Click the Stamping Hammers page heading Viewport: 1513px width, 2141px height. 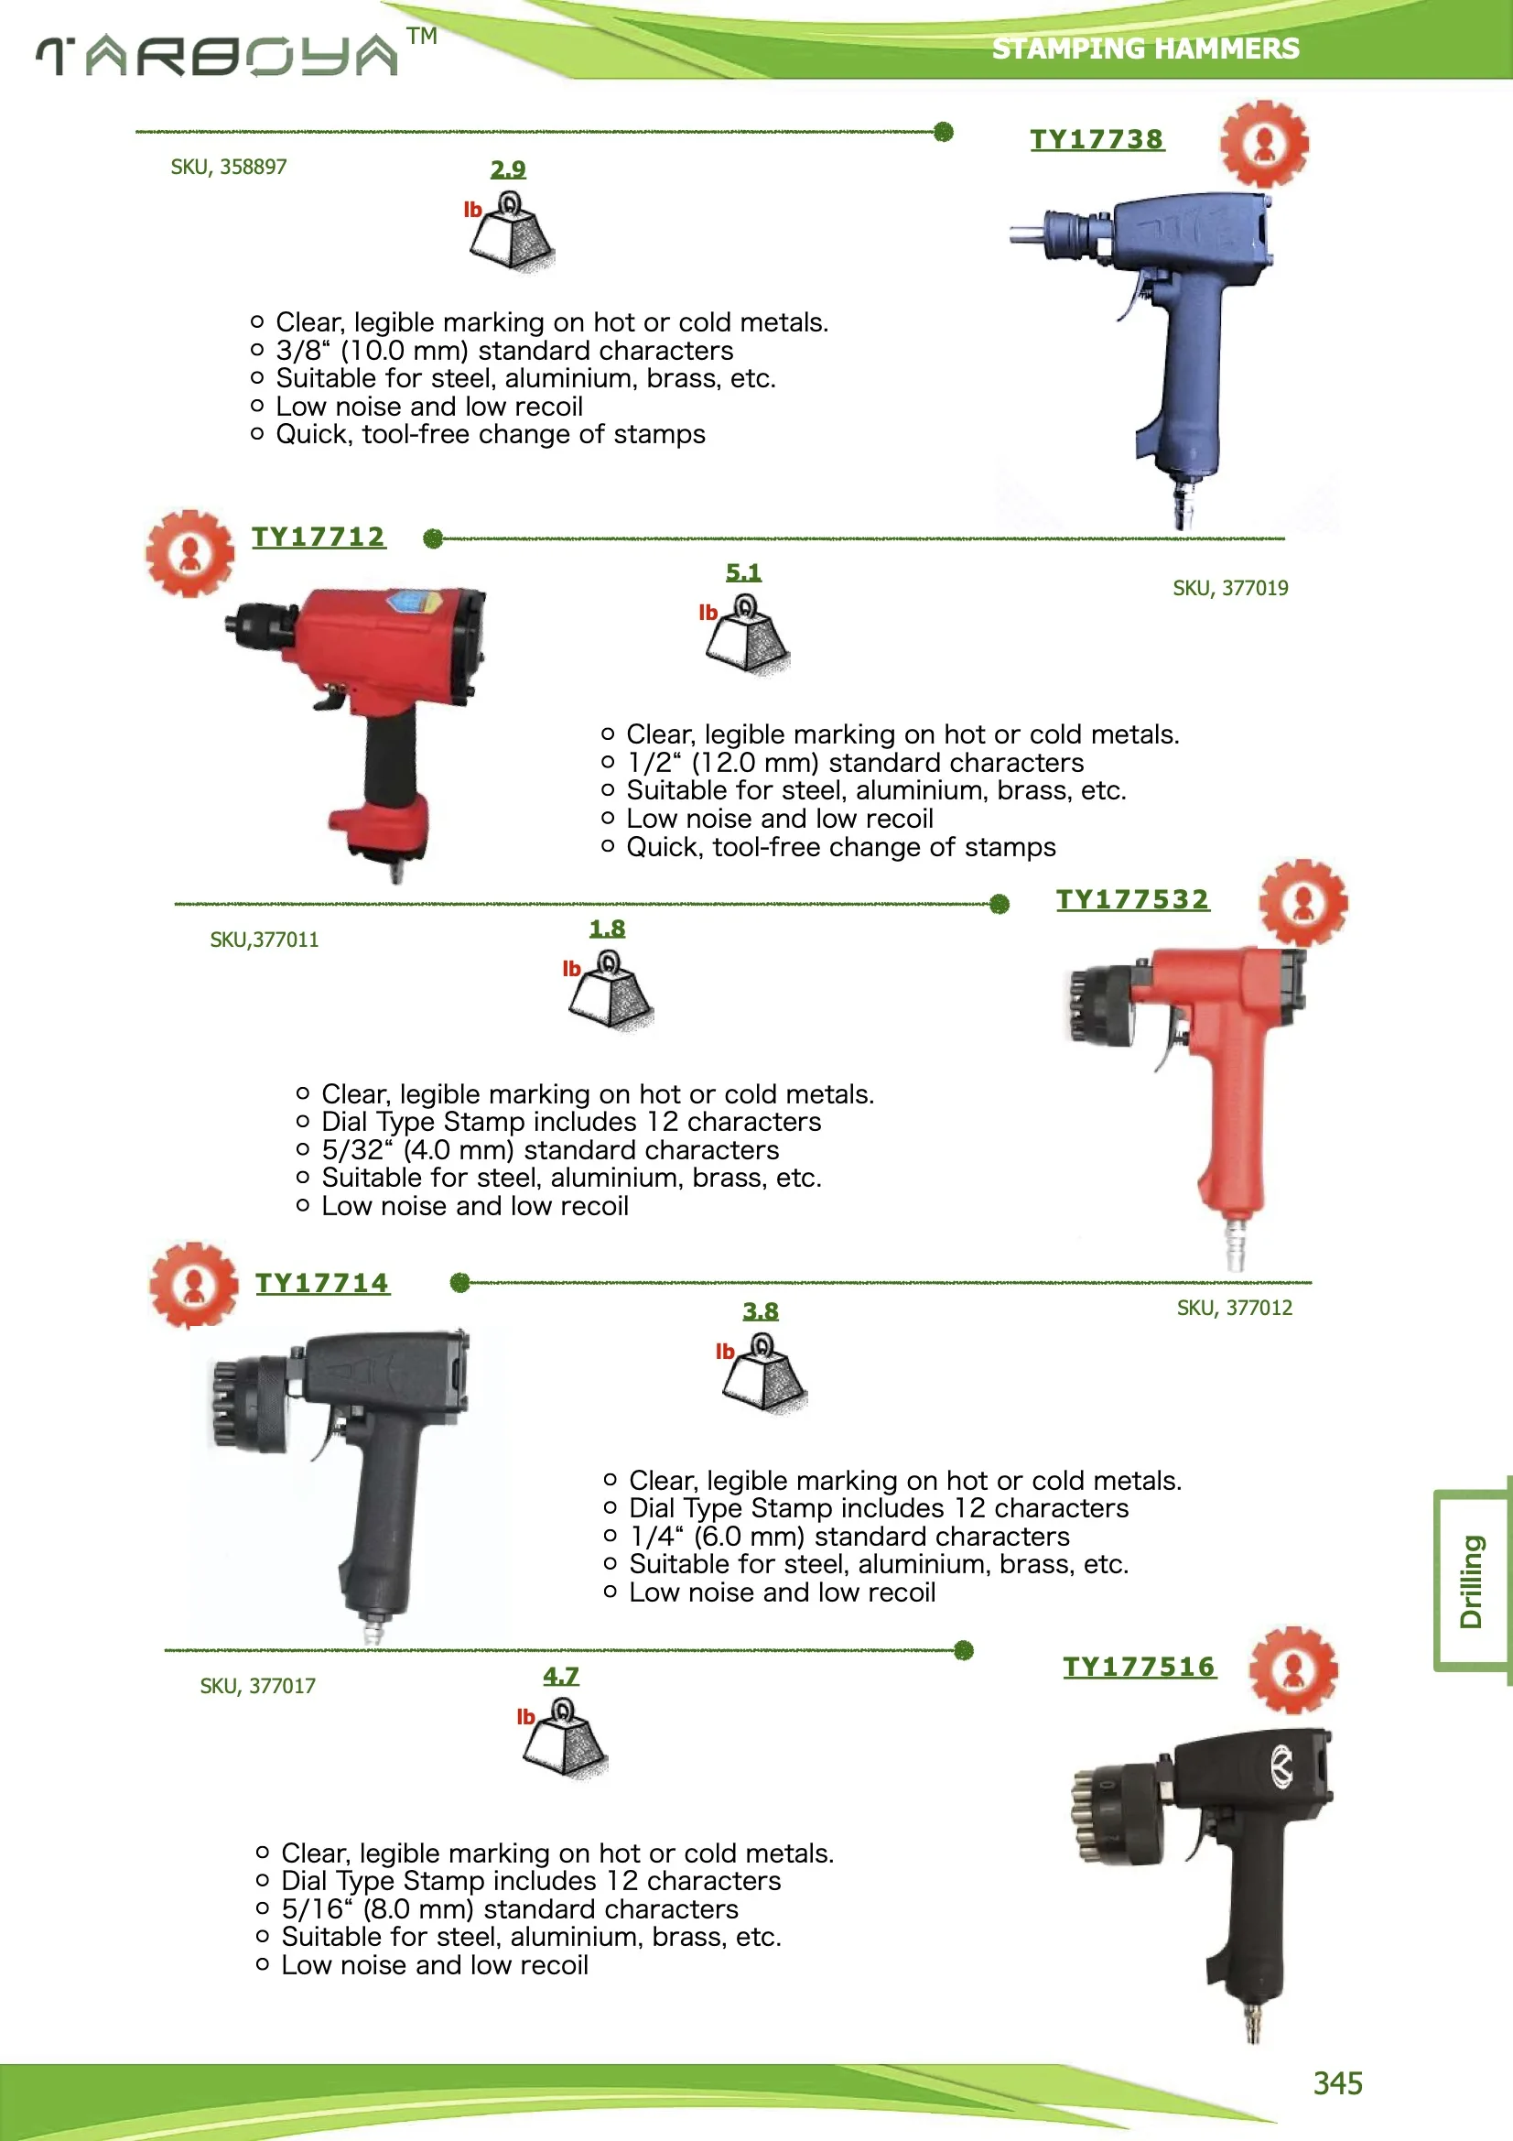coord(1145,49)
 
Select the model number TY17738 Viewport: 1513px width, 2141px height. coord(1097,139)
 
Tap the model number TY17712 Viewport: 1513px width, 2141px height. coord(318,538)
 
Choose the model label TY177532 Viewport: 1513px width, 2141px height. coord(1131,899)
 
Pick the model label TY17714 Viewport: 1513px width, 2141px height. coord(321,1283)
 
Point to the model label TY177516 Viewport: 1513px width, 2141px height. coord(1139,1667)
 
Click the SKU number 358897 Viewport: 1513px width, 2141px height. coord(229,167)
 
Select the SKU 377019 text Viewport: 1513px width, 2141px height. coord(1229,589)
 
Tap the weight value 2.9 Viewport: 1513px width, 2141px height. coord(508,168)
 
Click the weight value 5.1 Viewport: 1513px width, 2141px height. coord(743,571)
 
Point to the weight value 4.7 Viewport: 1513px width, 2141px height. coord(560,1676)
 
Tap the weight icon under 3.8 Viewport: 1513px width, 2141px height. coord(763,1373)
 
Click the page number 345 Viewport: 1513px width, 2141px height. coord(1337,2083)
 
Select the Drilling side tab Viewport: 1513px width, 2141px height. coord(1472,1581)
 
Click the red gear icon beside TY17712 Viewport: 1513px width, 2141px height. coord(190,553)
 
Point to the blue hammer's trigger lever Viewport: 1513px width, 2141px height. coord(1131,297)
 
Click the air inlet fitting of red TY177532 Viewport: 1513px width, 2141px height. coord(1235,1244)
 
